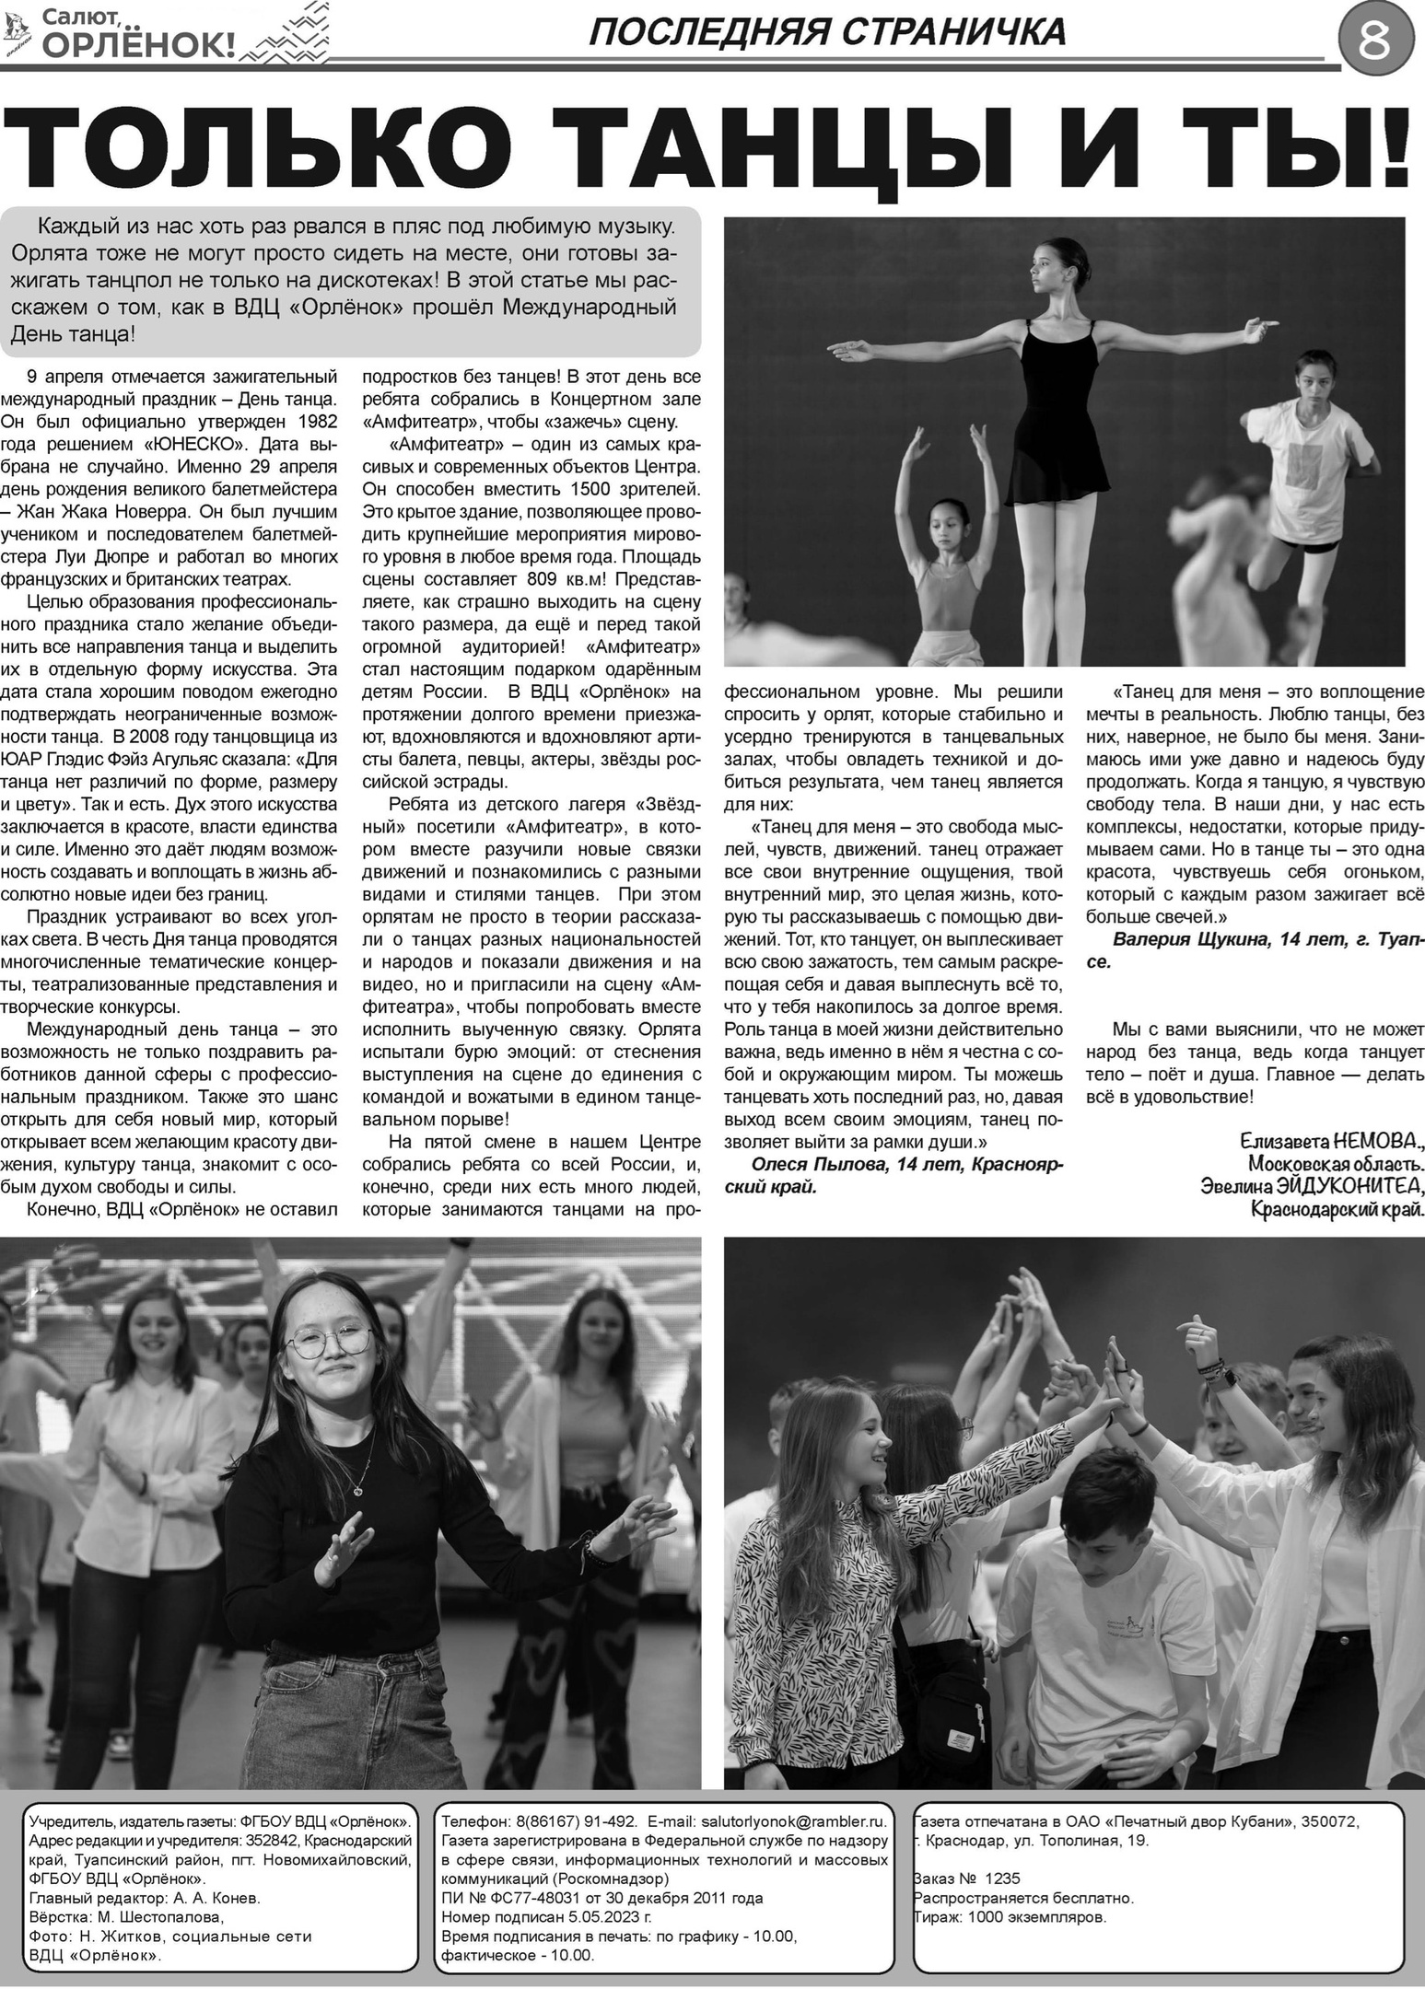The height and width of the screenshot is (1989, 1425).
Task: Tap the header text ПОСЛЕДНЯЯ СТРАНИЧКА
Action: tap(825, 33)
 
